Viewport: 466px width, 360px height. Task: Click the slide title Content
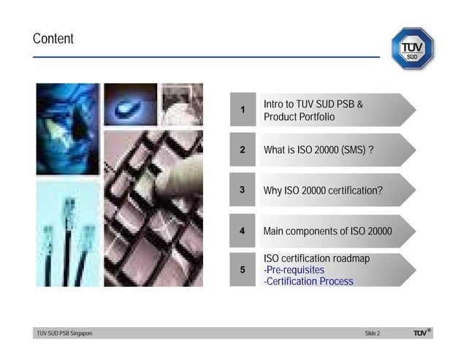[53, 39]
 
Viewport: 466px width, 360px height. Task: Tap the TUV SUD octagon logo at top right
[413, 48]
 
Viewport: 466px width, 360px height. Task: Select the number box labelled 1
[242, 110]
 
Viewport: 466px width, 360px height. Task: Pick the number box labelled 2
[242, 150]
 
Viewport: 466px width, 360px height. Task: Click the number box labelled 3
[242, 190]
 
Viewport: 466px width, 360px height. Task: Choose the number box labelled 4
[242, 231]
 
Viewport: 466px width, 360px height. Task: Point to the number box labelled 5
[242, 270]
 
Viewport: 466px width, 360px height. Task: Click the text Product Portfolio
[299, 118]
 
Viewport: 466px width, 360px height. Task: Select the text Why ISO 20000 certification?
[323, 191]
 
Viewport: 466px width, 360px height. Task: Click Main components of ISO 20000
[327, 231]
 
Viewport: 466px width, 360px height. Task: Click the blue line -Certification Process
[308, 281]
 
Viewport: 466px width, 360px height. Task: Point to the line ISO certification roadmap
[316, 258]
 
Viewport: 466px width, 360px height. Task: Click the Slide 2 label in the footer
[372, 334]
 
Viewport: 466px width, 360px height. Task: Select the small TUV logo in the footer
[421, 333]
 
